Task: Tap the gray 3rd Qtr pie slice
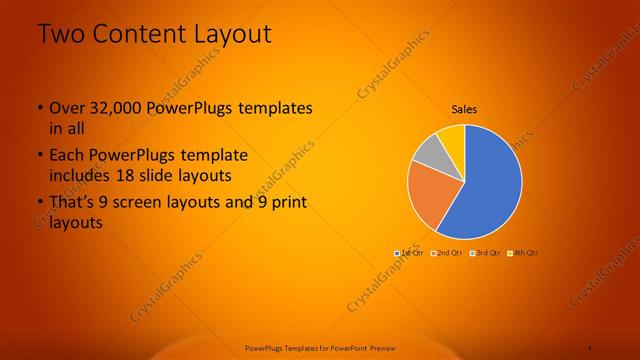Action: [428, 152]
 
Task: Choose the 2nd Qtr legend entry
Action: [447, 253]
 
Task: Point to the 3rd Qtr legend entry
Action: [485, 253]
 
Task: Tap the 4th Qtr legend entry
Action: [523, 253]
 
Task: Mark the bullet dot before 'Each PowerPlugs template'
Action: [40, 156]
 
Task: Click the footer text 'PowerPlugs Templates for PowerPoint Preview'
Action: [319, 347]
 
